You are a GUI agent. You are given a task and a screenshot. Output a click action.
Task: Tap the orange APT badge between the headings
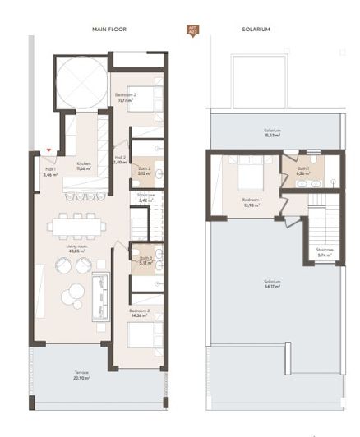193,30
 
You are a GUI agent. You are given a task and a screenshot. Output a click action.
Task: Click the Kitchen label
84,166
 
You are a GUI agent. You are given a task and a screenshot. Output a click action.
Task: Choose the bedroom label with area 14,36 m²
139,314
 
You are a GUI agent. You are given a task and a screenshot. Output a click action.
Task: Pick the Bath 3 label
145,260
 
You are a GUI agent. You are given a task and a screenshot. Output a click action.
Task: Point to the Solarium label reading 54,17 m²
272,283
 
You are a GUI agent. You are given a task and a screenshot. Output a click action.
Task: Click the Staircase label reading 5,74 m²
323,252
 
